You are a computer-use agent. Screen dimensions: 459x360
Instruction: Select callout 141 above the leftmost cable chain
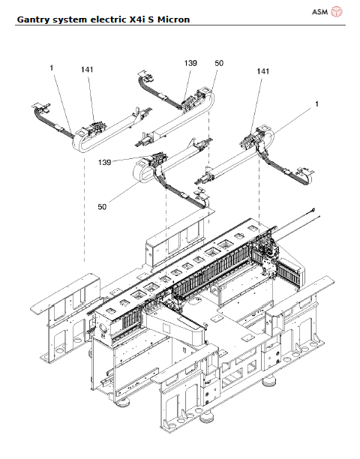pyautogui.click(x=87, y=70)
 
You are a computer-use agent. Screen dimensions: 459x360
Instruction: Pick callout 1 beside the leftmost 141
pyautogui.click(x=52, y=69)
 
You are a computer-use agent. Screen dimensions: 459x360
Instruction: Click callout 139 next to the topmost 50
pyautogui.click(x=190, y=64)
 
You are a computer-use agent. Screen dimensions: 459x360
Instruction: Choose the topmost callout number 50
pyautogui.click(x=219, y=64)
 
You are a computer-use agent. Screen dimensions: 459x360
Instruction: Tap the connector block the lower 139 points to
pyautogui.click(x=157, y=160)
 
